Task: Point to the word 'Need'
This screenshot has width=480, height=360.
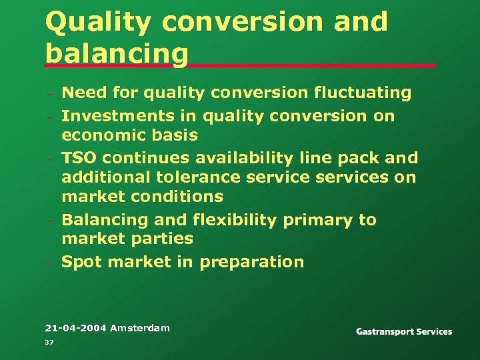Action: click(x=84, y=93)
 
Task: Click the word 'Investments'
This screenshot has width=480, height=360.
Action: click(x=117, y=116)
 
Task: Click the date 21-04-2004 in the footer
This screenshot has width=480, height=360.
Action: click(x=75, y=328)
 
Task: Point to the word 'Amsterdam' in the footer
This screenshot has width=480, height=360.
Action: click(x=140, y=328)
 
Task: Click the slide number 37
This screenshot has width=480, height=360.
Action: click(x=49, y=342)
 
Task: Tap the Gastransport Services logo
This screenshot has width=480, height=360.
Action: click(x=403, y=331)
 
